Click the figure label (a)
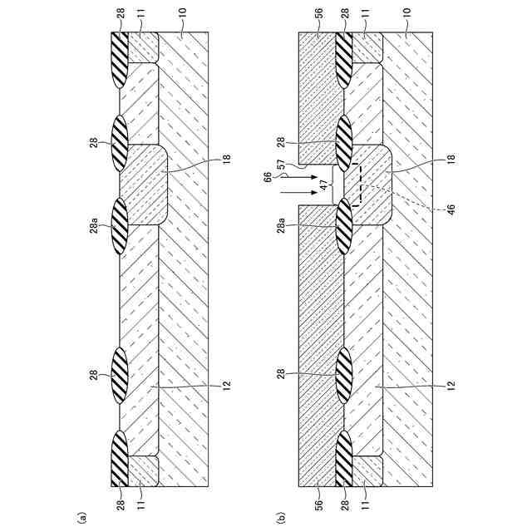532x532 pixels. (x=81, y=516)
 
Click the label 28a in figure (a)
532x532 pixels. (x=94, y=224)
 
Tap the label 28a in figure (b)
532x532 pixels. (x=282, y=224)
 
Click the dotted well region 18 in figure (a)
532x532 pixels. (x=145, y=183)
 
